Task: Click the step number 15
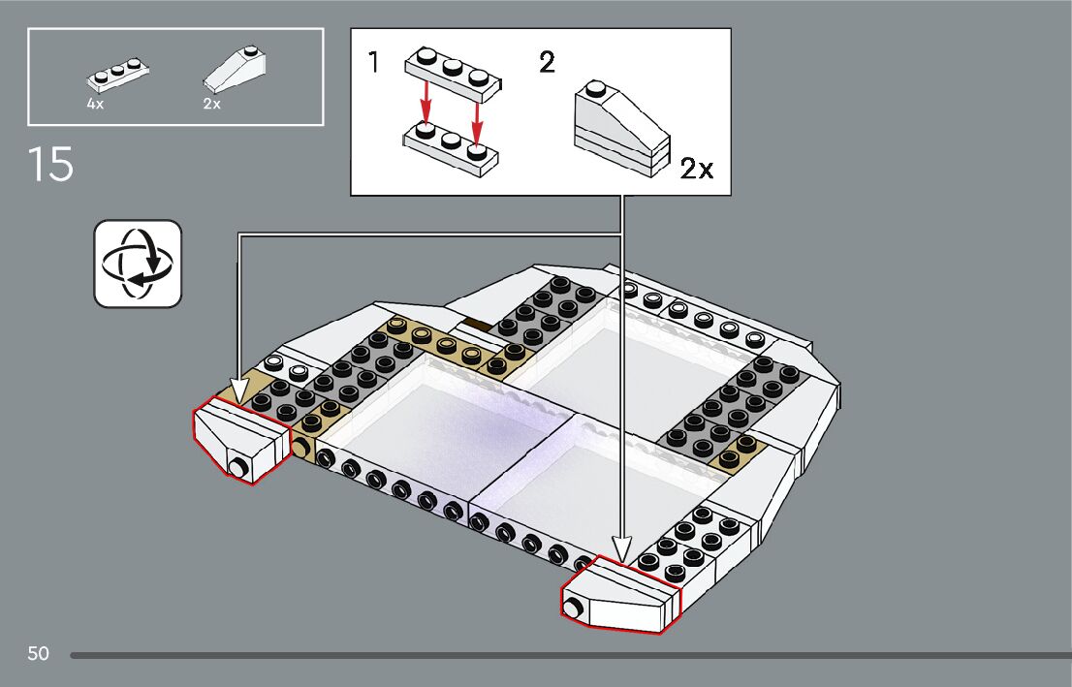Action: click(x=50, y=164)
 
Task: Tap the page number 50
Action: click(x=38, y=653)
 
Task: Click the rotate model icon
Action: click(x=138, y=264)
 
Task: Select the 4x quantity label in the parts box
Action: click(x=95, y=104)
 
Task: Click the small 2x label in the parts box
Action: click(x=211, y=104)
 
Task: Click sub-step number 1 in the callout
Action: click(x=374, y=64)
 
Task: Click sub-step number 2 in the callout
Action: click(x=547, y=64)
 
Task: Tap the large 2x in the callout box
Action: click(x=696, y=170)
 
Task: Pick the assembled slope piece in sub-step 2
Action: click(x=621, y=129)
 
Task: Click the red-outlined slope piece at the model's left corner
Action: click(x=241, y=441)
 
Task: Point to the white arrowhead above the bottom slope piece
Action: click(x=621, y=546)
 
